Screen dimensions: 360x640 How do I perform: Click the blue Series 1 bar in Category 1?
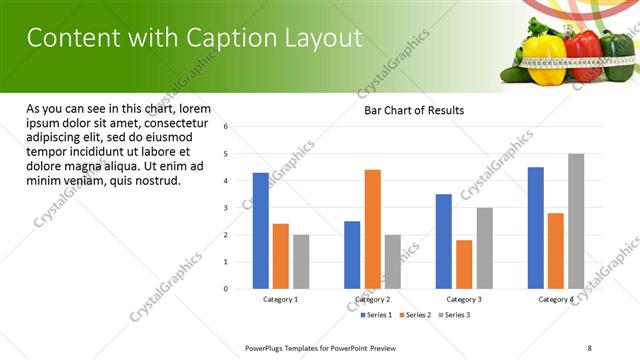[261, 231]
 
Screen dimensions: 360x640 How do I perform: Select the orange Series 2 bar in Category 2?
[372, 229]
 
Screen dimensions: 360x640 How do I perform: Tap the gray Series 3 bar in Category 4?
[576, 221]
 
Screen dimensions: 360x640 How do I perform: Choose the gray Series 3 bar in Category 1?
[301, 262]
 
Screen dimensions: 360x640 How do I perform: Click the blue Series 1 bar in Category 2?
[352, 255]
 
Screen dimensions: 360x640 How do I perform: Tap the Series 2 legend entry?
[416, 315]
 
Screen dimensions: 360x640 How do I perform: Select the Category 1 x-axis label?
[281, 299]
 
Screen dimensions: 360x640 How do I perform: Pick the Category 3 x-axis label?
[464, 299]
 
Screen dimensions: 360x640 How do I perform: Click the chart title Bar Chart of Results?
[414, 110]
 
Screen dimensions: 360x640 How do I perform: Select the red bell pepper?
[584, 55]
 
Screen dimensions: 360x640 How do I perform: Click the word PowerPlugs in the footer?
[267, 347]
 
